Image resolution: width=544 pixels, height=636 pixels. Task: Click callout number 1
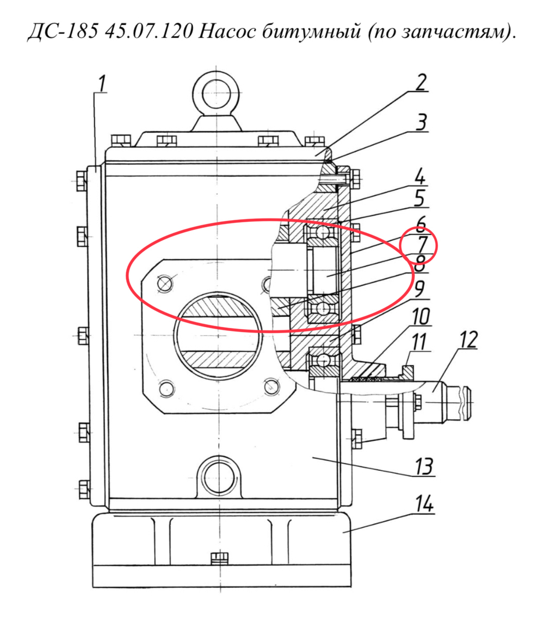102,84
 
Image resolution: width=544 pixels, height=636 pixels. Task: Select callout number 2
421,83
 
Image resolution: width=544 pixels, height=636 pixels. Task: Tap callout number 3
422,122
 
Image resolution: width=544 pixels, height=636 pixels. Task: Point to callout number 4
420,177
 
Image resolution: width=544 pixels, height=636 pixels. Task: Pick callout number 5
419,199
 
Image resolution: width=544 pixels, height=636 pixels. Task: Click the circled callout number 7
422,245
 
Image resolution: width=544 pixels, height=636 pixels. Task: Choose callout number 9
419,289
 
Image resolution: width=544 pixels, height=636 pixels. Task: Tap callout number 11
418,341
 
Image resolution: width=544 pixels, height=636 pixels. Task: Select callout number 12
468,340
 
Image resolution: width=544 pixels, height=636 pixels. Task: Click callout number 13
424,466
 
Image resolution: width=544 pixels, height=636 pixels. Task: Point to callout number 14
424,504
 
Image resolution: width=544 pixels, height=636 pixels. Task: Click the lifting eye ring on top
217,92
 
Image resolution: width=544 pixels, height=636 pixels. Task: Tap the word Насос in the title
228,31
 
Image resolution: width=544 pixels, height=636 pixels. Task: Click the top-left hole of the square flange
165,283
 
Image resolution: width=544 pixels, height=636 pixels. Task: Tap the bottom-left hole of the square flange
166,388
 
